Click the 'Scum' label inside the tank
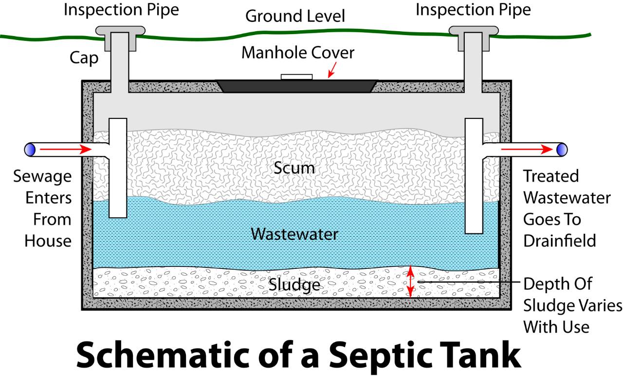click(294, 168)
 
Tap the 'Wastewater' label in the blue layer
click(294, 234)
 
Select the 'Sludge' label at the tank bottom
click(294, 285)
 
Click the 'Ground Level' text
click(295, 16)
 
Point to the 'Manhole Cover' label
click(298, 53)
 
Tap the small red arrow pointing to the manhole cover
click(332, 70)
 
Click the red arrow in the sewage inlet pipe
click(66, 149)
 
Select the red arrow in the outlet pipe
click(527, 149)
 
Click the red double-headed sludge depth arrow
click(410, 281)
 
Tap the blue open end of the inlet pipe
click(30, 150)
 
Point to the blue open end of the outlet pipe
click(562, 150)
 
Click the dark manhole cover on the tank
click(296, 86)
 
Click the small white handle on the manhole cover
click(296, 77)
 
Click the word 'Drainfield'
click(560, 241)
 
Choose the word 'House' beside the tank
click(48, 241)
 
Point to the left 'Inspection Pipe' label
click(121, 10)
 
